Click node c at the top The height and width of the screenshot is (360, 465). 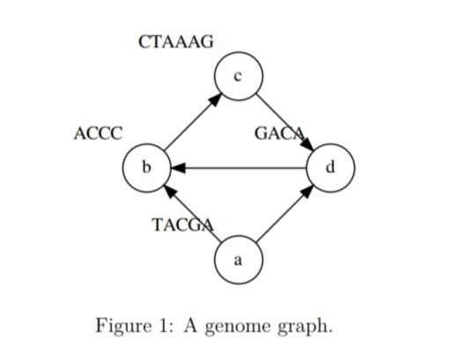point(238,77)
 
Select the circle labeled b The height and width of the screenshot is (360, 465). point(147,166)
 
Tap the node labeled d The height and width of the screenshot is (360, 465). point(330,166)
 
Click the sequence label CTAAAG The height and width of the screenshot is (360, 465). point(176,41)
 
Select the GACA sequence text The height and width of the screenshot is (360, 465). point(279,134)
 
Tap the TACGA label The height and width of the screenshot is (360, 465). point(182,224)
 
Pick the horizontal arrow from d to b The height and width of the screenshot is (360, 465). point(239,166)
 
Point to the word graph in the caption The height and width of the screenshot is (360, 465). point(307,327)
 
